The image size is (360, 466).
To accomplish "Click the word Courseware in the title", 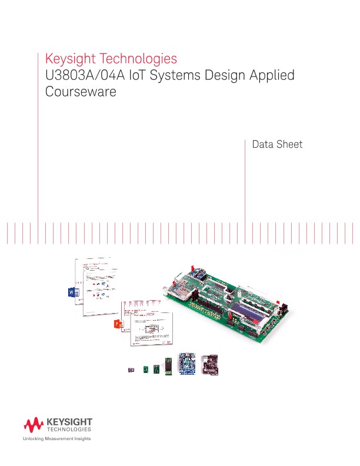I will pos(81,92).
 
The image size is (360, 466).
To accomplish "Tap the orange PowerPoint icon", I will pos(118,324).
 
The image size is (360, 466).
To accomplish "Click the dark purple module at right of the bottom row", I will pos(210,364).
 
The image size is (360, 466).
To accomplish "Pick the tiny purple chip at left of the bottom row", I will pos(131,370).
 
